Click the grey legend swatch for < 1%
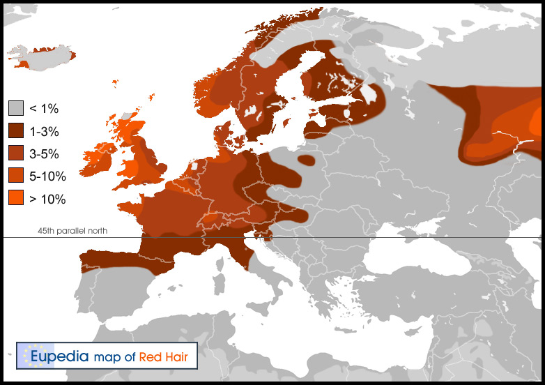pyautogui.click(x=16, y=108)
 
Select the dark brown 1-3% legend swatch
pyautogui.click(x=16, y=131)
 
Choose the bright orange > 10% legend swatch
pyautogui.click(x=16, y=198)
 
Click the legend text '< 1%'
pyautogui.click(x=44, y=109)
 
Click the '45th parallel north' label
pyautogui.click(x=72, y=231)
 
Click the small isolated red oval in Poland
pyautogui.click(x=305, y=160)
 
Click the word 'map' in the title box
pyautogui.click(x=106, y=357)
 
